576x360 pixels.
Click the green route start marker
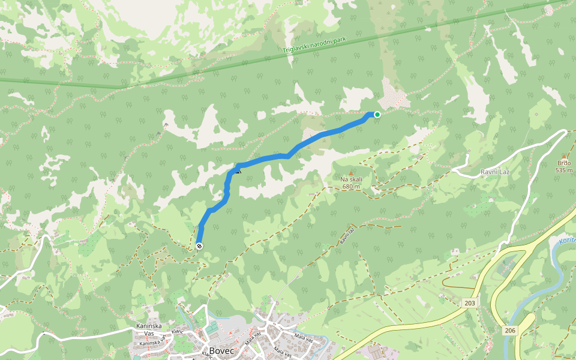click(377, 115)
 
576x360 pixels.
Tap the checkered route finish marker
click(199, 246)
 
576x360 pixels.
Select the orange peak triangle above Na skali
click(351, 173)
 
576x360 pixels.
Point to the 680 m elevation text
click(351, 187)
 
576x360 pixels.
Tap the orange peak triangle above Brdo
click(564, 156)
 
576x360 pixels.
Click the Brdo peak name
click(564, 163)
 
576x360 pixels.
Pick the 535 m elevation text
click(564, 170)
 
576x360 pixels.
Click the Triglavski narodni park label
click(315, 46)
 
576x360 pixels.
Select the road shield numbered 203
click(470, 304)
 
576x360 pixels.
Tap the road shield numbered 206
click(510, 331)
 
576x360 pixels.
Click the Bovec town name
click(221, 351)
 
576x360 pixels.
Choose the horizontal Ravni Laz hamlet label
click(495, 172)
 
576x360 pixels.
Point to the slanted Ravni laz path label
click(347, 235)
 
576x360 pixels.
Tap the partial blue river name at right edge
click(567, 241)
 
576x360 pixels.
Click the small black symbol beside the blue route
click(238, 172)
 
